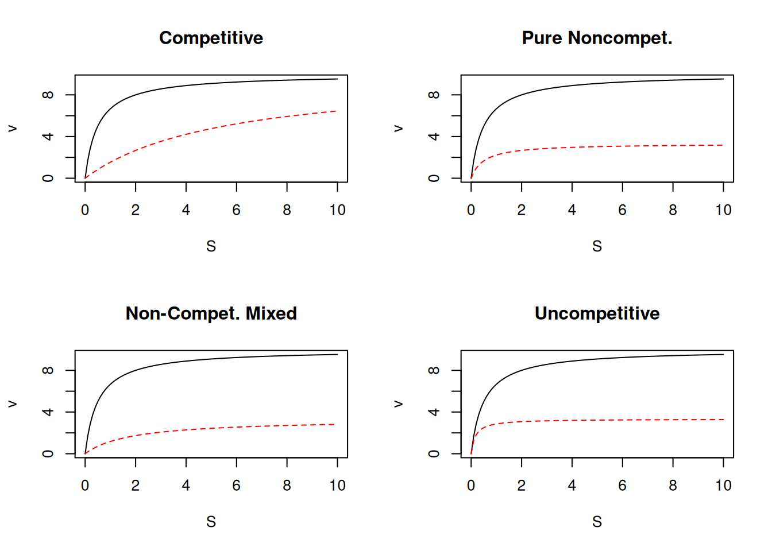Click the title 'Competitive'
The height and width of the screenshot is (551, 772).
coord(211,38)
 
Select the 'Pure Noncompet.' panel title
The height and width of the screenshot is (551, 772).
coord(597,38)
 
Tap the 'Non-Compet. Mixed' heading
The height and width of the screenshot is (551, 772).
coord(211,313)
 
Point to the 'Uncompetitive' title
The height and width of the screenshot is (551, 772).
coord(597,313)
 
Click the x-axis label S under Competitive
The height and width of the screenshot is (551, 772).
coord(211,246)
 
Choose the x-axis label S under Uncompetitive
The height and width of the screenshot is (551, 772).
coord(597,522)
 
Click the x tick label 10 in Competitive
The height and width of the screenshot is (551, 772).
coord(337,210)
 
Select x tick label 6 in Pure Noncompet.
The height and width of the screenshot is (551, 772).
coord(622,210)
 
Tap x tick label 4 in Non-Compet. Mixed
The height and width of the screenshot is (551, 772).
coord(186,486)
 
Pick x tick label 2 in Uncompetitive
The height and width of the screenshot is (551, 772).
coord(521,486)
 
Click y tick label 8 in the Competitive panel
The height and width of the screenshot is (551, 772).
coord(48,95)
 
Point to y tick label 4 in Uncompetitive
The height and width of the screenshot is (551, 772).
coord(434,412)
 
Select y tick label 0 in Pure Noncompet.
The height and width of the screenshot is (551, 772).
coord(434,178)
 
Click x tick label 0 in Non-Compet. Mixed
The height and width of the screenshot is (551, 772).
coord(85,486)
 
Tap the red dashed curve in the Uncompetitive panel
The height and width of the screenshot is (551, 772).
coord(597,420)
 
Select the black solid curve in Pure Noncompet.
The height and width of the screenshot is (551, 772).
coord(597,84)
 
